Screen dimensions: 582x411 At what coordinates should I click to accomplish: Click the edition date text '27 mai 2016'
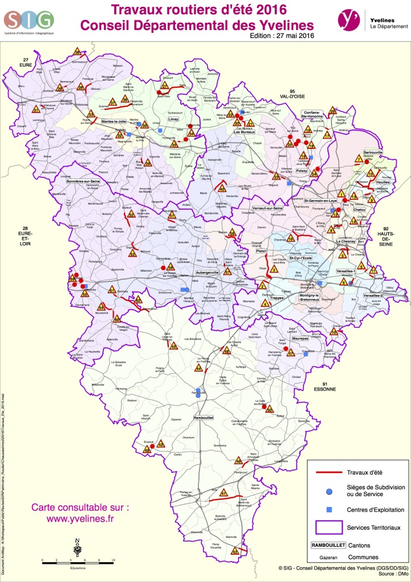[x=294, y=35]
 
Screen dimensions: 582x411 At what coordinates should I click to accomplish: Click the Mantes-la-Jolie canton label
[x=114, y=121]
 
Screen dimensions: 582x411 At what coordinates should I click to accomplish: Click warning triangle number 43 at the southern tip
[x=235, y=551]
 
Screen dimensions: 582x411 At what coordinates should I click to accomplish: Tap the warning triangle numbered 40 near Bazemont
[x=222, y=189]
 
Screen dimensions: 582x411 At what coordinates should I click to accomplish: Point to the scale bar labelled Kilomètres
[x=78, y=560]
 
